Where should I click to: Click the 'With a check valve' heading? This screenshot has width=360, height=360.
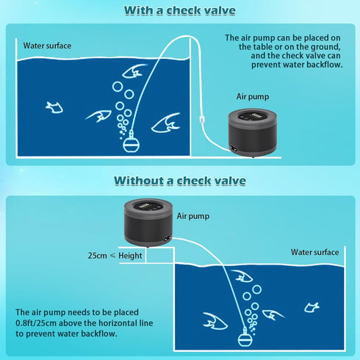coord(180,10)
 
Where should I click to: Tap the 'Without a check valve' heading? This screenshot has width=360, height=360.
coord(180,181)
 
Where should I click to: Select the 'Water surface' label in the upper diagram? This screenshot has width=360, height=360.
coord(47,46)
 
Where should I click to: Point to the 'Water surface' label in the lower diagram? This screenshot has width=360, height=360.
coord(315,252)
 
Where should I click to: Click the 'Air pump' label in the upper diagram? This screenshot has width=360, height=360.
coord(253,97)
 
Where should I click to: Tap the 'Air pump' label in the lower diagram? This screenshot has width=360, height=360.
coord(193,216)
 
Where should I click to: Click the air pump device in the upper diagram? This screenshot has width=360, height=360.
coord(253,133)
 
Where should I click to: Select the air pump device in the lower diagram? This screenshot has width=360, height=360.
coord(148,223)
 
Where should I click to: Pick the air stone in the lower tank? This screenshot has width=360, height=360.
coord(245,337)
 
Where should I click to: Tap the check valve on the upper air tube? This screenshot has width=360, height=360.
coord(202,119)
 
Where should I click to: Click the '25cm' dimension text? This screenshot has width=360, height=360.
coord(98,256)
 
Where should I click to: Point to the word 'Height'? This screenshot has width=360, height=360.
coord(130,256)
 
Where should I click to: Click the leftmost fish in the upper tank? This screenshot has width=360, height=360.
coord(54,107)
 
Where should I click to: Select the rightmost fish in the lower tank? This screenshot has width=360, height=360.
coord(312,307)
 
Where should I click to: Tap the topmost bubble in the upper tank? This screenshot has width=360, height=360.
coord(118,87)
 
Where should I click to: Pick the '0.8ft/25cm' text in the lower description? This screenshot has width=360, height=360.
coord(36,323)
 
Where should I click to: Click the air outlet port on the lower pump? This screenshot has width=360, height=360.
coord(168,238)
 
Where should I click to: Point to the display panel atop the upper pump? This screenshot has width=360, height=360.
coord(253,116)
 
